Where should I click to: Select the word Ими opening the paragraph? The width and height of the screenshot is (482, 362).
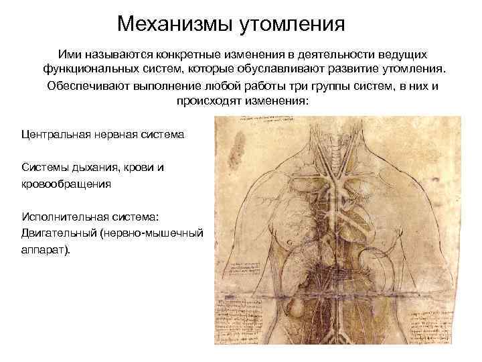point(68,53)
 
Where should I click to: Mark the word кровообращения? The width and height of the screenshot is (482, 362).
point(66,182)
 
